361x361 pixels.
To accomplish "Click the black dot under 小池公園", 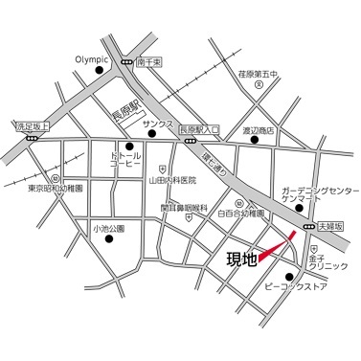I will (107, 239).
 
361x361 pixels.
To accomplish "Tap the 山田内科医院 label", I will (172, 179).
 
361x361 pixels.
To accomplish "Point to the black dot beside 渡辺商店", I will (255, 140).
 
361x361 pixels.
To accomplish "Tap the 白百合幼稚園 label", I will (240, 214).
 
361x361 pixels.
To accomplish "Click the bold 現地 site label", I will (240, 260).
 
